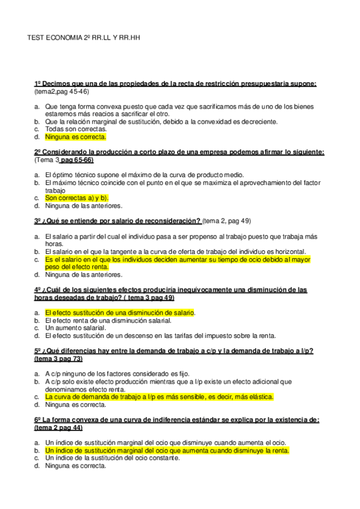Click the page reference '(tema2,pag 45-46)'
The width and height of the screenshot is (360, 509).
(62, 91)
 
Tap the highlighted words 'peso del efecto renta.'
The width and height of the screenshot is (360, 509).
(78, 267)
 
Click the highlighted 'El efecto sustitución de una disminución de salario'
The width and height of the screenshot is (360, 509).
(121, 313)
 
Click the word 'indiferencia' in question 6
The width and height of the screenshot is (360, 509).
(178, 420)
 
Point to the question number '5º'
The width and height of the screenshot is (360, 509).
(39, 351)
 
